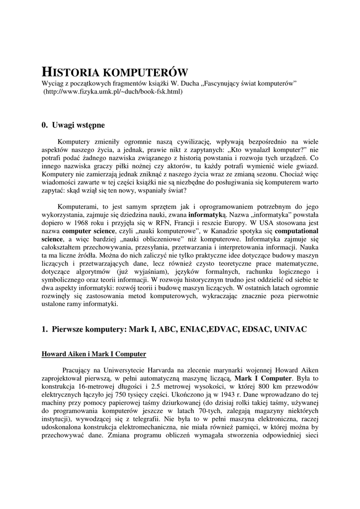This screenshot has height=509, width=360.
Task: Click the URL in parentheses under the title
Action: click(x=112, y=92)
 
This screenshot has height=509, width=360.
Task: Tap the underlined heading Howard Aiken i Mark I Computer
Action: click(x=93, y=354)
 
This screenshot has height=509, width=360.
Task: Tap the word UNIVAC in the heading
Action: click(x=291, y=329)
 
